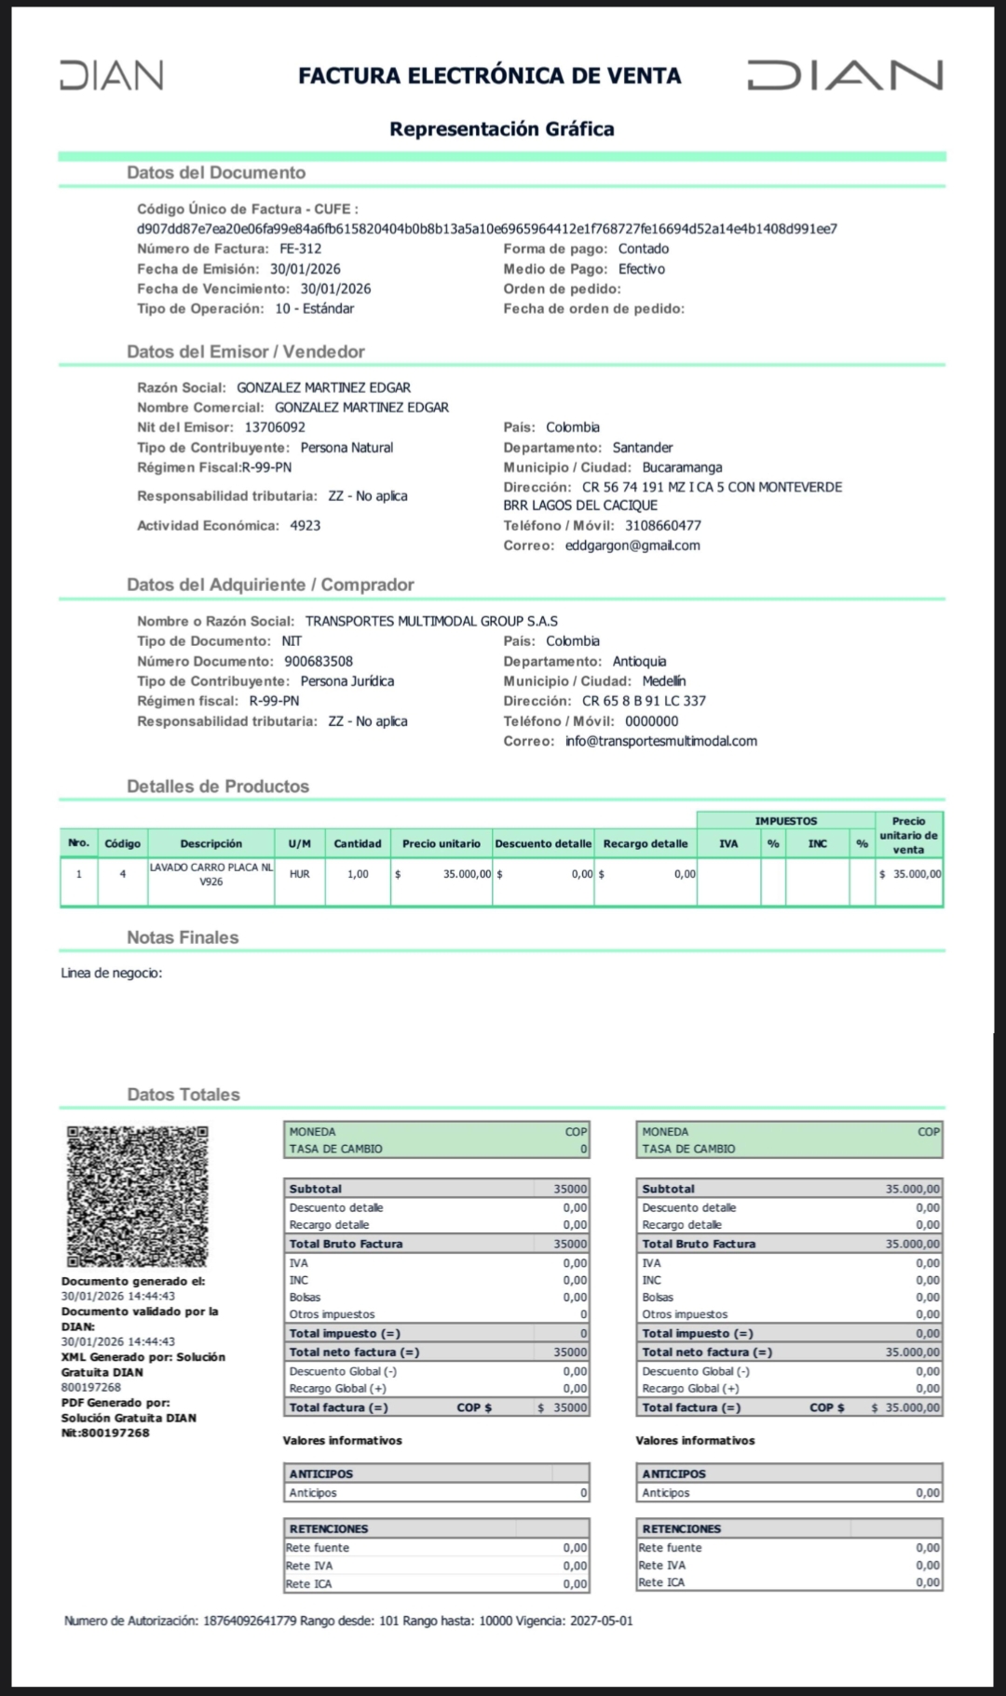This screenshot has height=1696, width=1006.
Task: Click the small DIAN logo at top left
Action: click(x=112, y=75)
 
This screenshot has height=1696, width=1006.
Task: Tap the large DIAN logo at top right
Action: click(x=845, y=75)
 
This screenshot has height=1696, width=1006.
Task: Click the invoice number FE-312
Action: click(x=300, y=249)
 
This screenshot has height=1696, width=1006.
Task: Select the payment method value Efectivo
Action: click(x=642, y=269)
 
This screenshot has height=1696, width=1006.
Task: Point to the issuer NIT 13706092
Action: click(x=275, y=427)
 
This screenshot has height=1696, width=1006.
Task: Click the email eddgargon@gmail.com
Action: click(x=632, y=545)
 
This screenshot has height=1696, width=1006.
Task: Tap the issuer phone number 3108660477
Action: click(x=663, y=526)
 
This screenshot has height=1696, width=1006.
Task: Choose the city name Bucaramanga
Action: click(x=682, y=467)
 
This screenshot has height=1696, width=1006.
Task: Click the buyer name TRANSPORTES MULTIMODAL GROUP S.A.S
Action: click(x=431, y=621)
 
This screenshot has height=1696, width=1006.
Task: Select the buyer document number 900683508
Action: click(x=319, y=662)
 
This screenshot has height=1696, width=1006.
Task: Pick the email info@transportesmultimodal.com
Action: click(x=661, y=741)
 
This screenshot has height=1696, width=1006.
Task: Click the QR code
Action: click(x=137, y=1196)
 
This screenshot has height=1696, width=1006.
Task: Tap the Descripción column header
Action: click(x=211, y=843)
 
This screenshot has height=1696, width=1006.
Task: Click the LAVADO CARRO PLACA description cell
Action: click(x=211, y=874)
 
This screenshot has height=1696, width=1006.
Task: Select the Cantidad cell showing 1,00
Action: click(x=358, y=874)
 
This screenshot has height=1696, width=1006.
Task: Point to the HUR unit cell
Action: click(x=299, y=874)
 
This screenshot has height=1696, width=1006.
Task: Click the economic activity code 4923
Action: click(x=306, y=526)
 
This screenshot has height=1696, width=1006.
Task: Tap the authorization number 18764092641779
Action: click(x=250, y=1621)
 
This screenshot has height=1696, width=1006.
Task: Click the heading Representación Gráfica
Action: click(x=501, y=129)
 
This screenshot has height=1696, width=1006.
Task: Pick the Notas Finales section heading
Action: click(x=183, y=938)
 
